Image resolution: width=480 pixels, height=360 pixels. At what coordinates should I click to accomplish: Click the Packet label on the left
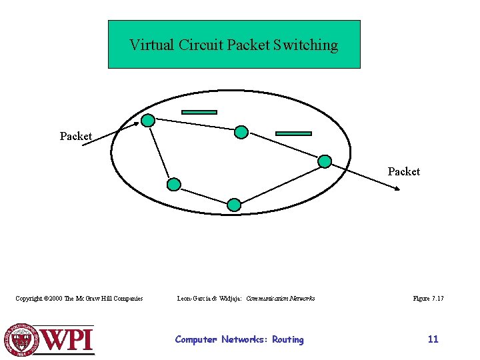[x=76, y=136]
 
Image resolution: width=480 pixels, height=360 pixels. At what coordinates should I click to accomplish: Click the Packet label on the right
[x=404, y=171]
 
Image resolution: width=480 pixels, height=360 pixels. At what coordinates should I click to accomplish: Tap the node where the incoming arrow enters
[x=149, y=121]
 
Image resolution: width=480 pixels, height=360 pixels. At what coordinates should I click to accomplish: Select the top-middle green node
[x=241, y=132]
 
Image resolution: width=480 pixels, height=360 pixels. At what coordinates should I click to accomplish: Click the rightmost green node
[x=325, y=161]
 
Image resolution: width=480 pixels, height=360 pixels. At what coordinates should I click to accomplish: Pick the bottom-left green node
[x=173, y=184]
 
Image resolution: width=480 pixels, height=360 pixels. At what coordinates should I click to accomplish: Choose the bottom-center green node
[x=233, y=205]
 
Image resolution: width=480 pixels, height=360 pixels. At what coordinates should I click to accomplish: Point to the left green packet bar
[x=199, y=112]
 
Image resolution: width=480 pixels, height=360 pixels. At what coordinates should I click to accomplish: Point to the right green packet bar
[x=293, y=133]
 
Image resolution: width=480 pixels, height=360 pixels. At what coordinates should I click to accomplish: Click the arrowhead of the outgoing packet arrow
[x=397, y=189]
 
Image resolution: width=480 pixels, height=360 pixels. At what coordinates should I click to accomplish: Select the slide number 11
[x=433, y=339]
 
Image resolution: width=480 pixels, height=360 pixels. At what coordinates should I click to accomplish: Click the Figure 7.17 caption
[x=428, y=299]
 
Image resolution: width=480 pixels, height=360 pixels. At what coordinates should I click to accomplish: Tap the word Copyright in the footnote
[x=31, y=299]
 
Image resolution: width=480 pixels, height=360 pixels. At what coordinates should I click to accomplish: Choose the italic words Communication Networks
[x=281, y=299]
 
